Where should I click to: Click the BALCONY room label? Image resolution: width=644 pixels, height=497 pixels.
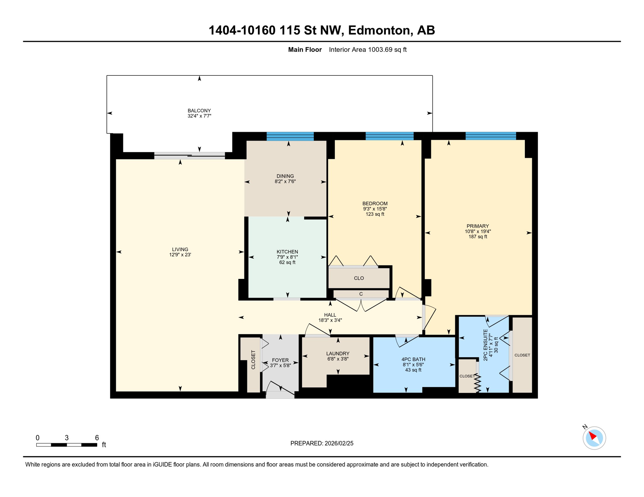[199, 111]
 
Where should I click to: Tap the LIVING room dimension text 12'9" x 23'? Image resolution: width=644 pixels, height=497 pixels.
[180, 255]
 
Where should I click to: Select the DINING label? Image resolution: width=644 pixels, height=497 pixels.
[285, 176]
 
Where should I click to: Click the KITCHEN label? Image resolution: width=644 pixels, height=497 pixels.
[287, 252]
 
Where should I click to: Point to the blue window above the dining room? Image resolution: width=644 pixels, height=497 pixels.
[290, 136]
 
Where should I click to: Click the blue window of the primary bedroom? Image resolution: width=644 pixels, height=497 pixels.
[490, 136]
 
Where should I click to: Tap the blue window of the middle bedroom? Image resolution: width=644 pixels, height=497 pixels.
[389, 136]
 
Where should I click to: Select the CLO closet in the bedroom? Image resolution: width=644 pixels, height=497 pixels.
[359, 278]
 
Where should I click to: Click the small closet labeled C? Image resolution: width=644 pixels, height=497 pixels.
[361, 294]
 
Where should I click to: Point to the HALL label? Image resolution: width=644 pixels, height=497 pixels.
[330, 315]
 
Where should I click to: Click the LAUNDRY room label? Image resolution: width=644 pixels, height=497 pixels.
[338, 353]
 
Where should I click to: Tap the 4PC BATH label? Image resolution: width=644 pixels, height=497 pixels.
[413, 359]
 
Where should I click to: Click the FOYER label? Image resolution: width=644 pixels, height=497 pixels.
[280, 360]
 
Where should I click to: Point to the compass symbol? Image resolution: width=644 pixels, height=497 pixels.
[594, 438]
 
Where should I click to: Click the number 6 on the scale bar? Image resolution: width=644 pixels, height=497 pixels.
[97, 438]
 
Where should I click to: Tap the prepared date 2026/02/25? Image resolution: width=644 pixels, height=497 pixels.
[337, 443]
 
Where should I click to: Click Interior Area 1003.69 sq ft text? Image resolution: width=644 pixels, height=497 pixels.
[368, 50]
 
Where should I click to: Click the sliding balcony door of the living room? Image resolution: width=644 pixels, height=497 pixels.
[190, 156]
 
